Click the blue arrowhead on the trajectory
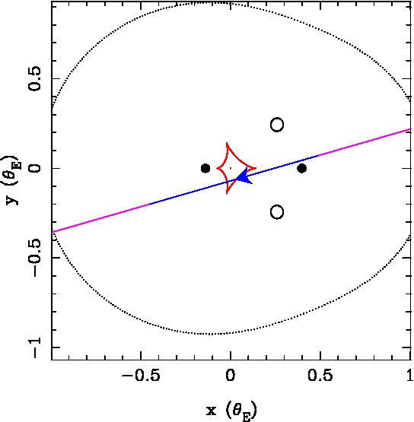tap(245, 176)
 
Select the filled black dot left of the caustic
tap(205, 169)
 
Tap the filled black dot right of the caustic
tap(302, 169)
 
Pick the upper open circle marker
tap(277, 125)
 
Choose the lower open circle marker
tap(277, 212)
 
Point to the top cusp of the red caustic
tap(227, 143)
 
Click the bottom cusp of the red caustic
tap(227, 193)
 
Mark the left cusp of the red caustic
tap(217, 169)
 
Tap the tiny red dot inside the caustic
tap(231, 168)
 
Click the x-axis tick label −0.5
tap(141, 376)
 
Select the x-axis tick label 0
tap(231, 376)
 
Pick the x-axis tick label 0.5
tap(320, 376)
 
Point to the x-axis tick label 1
tap(409, 376)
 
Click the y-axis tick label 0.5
tap(35, 78)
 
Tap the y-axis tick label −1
tap(35, 348)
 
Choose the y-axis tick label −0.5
tap(35, 258)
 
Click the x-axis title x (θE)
tap(231, 411)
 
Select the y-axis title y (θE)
tap(14, 179)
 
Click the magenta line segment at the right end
tap(365, 142)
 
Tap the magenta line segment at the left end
tap(100, 218)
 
